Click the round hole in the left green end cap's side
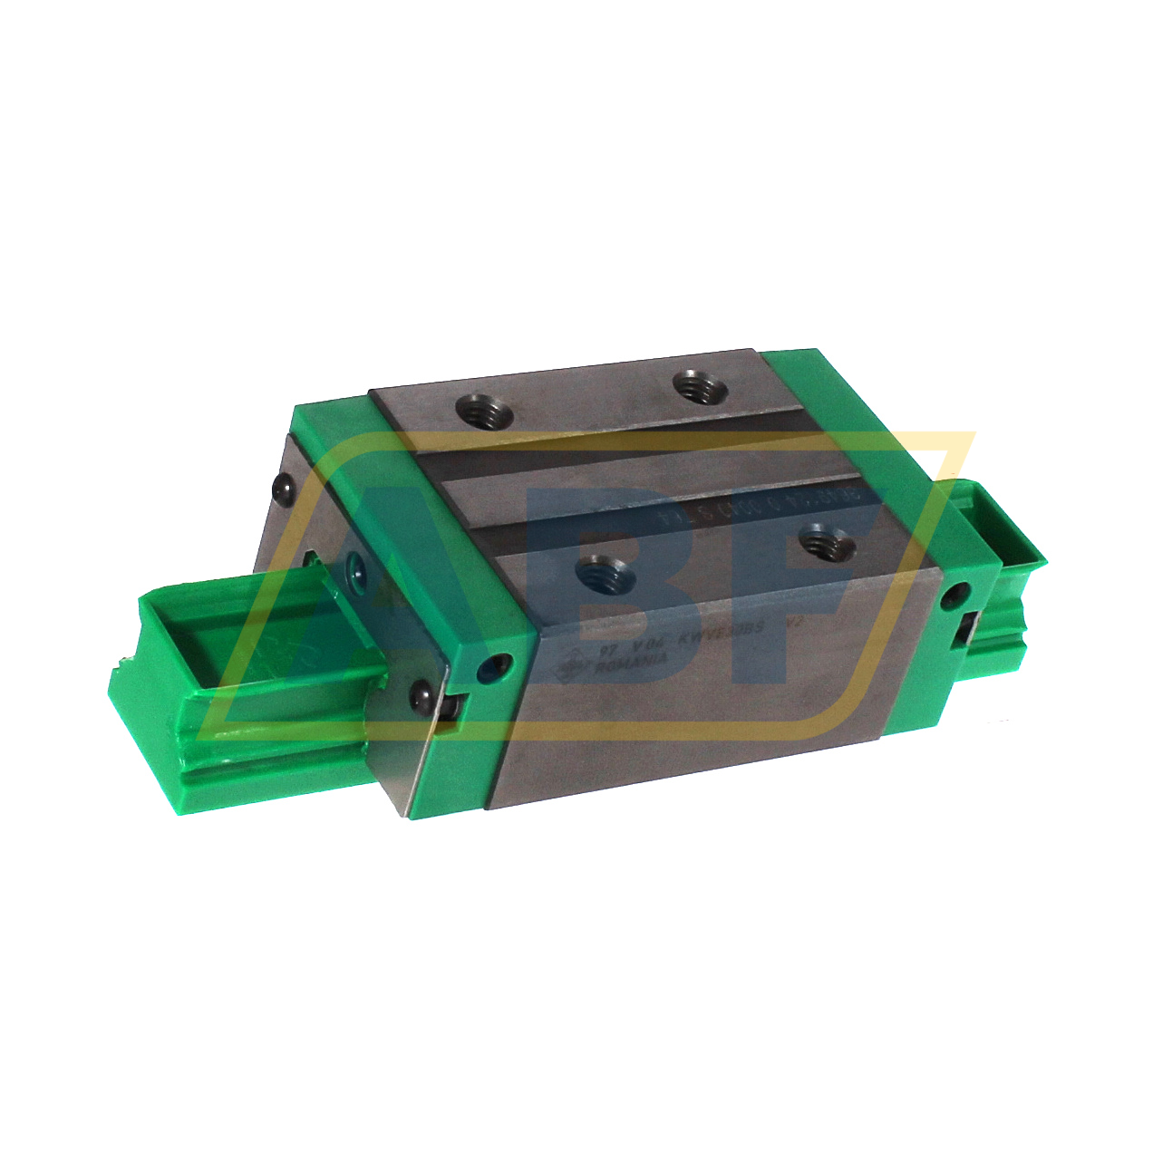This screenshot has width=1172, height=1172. [494, 669]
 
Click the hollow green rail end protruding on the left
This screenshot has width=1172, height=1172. [208, 653]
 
